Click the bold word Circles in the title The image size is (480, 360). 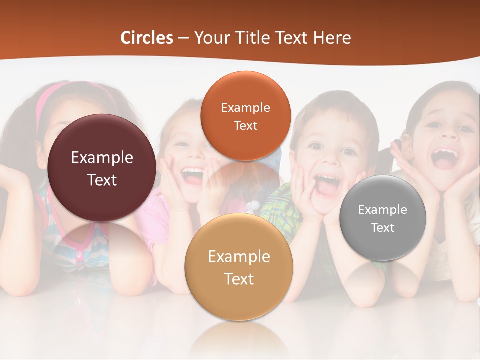pyautogui.click(x=147, y=38)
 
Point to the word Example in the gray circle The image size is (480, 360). pyautogui.click(x=382, y=209)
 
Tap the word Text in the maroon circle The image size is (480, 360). pyautogui.click(x=102, y=180)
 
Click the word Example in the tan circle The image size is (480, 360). pyautogui.click(x=239, y=257)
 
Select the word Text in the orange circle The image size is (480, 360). pyautogui.click(x=245, y=126)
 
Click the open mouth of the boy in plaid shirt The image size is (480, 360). pyautogui.click(x=327, y=186)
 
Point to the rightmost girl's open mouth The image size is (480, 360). pyautogui.click(x=445, y=158)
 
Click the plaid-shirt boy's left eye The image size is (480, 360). pyautogui.click(x=315, y=147)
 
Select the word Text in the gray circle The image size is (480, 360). pyautogui.click(x=382, y=228)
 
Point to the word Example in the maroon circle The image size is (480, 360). pyautogui.click(x=102, y=158)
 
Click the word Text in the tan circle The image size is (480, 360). pyautogui.click(x=239, y=279)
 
